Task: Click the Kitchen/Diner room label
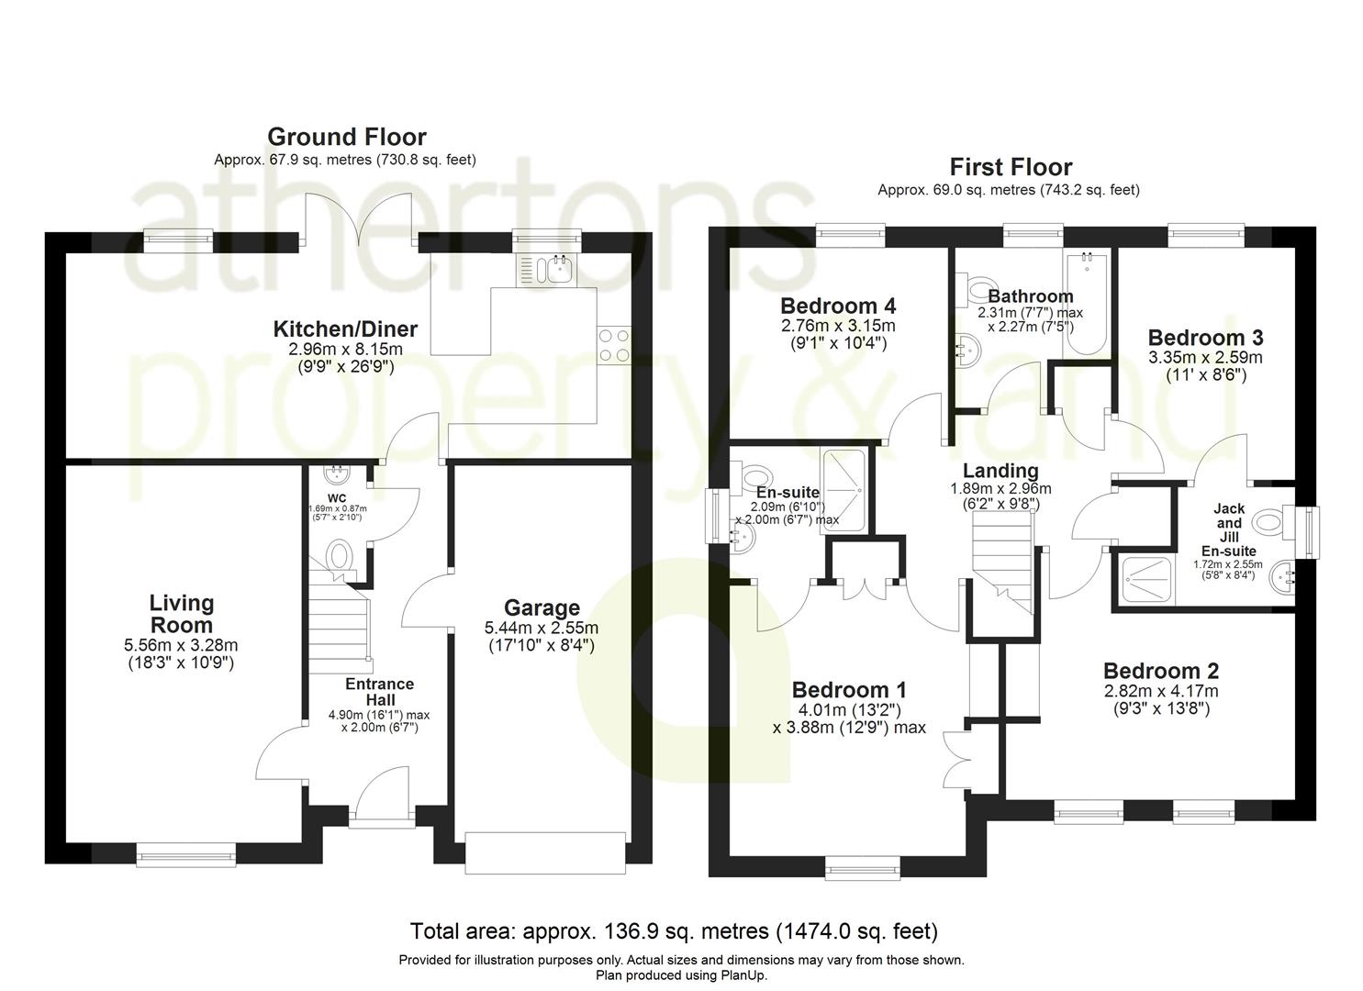click(345, 329)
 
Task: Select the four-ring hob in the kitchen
click(614, 346)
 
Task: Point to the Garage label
click(542, 607)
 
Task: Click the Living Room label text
click(182, 614)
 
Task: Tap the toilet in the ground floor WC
click(339, 560)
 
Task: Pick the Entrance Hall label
click(380, 692)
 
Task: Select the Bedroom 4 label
click(838, 306)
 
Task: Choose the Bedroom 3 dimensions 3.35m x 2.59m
click(1205, 357)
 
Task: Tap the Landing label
click(1000, 470)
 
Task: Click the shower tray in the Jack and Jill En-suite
click(1146, 580)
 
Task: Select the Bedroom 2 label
click(1161, 671)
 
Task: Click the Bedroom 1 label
click(849, 690)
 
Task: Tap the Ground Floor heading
click(347, 137)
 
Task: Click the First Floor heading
click(1011, 167)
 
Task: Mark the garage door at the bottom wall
click(545, 853)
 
